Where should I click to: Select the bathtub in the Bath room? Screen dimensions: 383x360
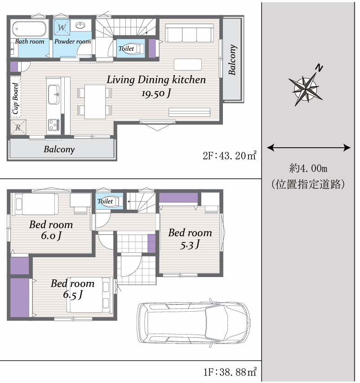click(x=29, y=29)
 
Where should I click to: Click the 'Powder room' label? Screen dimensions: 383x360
click(x=72, y=41)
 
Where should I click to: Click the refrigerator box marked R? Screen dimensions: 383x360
click(x=18, y=127)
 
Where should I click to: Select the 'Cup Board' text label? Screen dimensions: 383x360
click(x=15, y=98)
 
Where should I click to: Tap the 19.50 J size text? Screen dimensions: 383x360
click(x=156, y=93)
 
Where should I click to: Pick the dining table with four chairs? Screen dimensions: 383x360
click(x=95, y=101)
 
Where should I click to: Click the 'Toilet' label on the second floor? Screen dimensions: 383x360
click(x=126, y=48)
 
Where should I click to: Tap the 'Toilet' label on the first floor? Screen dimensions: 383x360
click(x=105, y=202)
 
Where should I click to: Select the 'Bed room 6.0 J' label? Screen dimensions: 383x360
click(x=51, y=230)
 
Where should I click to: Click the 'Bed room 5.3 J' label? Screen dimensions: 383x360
click(x=190, y=238)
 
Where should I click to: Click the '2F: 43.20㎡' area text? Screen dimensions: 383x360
click(x=229, y=156)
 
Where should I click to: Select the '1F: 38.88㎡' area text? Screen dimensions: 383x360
click(x=229, y=372)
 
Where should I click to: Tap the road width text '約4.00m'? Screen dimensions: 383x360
click(x=308, y=169)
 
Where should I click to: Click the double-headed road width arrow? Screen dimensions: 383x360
click(x=308, y=147)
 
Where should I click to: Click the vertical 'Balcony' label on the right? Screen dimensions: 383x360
click(x=232, y=60)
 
